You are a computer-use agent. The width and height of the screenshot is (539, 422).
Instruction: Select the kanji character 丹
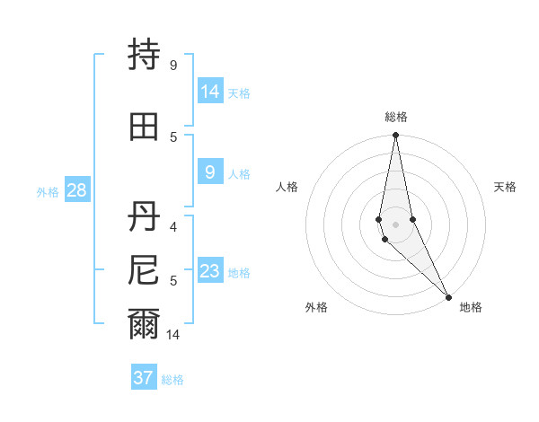[x=144, y=215]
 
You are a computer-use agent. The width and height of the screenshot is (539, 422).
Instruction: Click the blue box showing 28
[x=76, y=189]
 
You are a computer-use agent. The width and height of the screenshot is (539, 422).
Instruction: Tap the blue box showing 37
[x=143, y=378]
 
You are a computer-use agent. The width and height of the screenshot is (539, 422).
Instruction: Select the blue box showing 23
[x=210, y=271]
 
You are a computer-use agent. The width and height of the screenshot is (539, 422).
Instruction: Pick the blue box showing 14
[x=210, y=91]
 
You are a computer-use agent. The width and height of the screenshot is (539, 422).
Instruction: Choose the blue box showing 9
[x=210, y=172]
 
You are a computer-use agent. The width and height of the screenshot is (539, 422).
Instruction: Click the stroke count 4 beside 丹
[x=173, y=226]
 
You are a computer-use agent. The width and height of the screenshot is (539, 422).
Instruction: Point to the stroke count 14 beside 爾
[x=173, y=335]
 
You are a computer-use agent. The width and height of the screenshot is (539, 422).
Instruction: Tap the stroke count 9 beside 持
[x=173, y=65]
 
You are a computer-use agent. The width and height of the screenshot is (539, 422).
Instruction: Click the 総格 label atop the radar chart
[x=395, y=117]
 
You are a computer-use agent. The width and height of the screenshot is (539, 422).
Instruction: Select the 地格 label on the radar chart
[x=471, y=308]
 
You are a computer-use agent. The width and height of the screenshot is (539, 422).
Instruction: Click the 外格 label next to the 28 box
[x=48, y=192]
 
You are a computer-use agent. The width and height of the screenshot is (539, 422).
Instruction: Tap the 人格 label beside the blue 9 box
[x=239, y=174]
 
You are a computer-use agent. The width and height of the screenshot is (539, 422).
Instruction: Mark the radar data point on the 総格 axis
[x=395, y=136]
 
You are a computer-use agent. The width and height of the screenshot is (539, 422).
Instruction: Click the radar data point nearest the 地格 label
[x=449, y=295]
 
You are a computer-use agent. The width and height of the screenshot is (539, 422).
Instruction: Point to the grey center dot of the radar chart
[x=395, y=224]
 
